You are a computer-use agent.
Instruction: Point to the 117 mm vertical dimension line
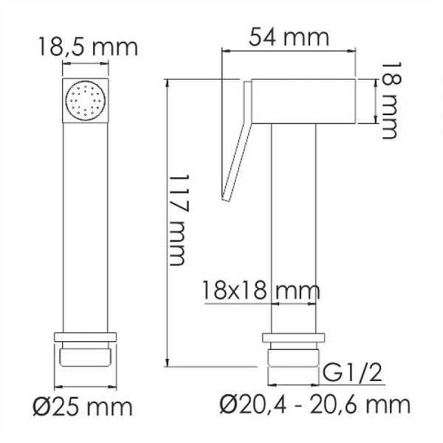tap(168, 221)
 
